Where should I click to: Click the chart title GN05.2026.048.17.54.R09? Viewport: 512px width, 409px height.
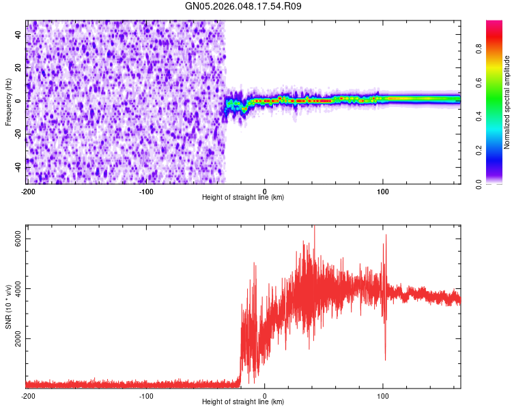pyautogui.click(x=244, y=6)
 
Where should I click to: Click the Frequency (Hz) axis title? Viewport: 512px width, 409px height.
pyautogui.click(x=8, y=102)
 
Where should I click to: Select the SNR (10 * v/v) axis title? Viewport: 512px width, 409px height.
pyautogui.click(x=8, y=307)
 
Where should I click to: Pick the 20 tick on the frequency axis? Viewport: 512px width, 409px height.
pyautogui.click(x=18, y=67)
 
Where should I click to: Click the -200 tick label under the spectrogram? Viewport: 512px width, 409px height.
pyautogui.click(x=27, y=191)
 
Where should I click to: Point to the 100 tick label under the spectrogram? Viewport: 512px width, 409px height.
pyautogui.click(x=383, y=191)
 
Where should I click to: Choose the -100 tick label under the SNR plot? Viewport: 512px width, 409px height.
pyautogui.click(x=146, y=395)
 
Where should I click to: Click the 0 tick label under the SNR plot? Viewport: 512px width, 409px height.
pyautogui.click(x=265, y=395)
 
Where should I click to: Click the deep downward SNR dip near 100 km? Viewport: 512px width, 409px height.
pyautogui.click(x=385, y=359)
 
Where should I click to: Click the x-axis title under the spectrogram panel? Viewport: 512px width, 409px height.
pyautogui.click(x=243, y=198)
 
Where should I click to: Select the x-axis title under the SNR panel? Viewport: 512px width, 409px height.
pyautogui.click(x=243, y=402)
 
